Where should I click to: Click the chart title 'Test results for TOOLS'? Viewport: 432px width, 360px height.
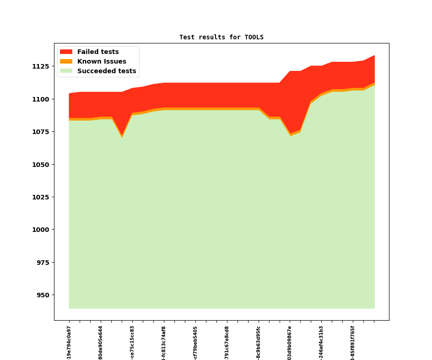click(x=221, y=38)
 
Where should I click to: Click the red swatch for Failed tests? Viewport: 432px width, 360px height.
click(x=66, y=52)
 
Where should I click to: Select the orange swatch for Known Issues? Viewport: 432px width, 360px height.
click(x=66, y=62)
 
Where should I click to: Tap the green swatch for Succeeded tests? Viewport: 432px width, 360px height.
click(x=66, y=71)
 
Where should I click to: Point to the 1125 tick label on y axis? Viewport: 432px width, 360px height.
click(x=40, y=66)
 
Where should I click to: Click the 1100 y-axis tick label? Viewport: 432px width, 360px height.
click(x=40, y=99)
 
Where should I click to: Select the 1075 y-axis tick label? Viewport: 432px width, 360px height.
click(x=40, y=132)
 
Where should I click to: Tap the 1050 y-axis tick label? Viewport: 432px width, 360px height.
click(x=40, y=165)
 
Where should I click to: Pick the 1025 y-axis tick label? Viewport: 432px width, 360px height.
click(x=40, y=197)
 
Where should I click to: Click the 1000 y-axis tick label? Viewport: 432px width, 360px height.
click(x=40, y=230)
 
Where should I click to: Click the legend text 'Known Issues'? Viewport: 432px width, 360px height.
click(x=102, y=62)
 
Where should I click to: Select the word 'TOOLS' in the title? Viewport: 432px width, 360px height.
click(x=254, y=38)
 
